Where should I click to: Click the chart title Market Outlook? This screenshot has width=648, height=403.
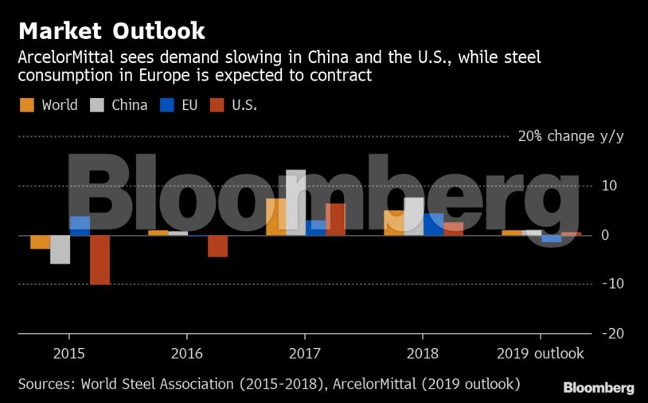[111, 31]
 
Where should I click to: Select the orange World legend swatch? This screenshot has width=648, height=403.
[27, 104]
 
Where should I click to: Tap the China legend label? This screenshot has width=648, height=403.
[129, 104]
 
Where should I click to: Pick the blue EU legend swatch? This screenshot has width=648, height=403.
[167, 104]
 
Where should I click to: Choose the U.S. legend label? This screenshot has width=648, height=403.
[244, 104]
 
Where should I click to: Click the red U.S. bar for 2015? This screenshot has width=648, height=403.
[100, 260]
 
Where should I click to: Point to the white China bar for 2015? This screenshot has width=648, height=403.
[60, 249]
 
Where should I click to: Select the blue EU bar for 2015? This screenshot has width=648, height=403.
[80, 225]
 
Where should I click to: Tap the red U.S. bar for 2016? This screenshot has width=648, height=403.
[217, 246]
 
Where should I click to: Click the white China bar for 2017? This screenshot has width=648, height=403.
[295, 202]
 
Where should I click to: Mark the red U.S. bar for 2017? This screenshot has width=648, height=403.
[335, 219]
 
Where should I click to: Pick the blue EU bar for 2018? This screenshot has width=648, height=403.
[433, 224]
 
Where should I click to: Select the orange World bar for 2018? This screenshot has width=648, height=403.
[394, 222]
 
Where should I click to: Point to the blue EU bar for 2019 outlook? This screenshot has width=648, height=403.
[551, 238]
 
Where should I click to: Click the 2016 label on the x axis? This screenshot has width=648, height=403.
[186, 354]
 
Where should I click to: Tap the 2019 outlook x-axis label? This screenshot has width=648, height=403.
[541, 354]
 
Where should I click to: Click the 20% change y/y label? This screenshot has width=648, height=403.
[571, 136]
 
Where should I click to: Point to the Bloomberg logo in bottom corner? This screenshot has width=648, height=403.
[599, 388]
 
